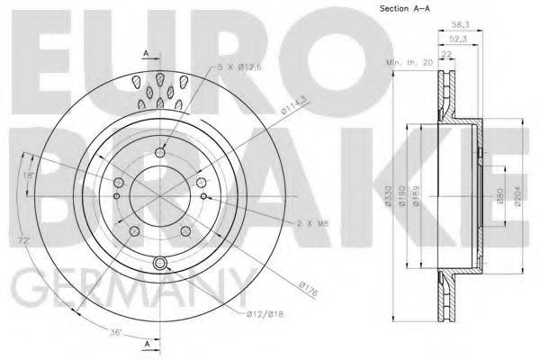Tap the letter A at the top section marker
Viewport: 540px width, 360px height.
(x=146, y=53)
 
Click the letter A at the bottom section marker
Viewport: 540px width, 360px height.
(x=146, y=344)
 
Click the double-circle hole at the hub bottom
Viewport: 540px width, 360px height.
(x=161, y=263)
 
